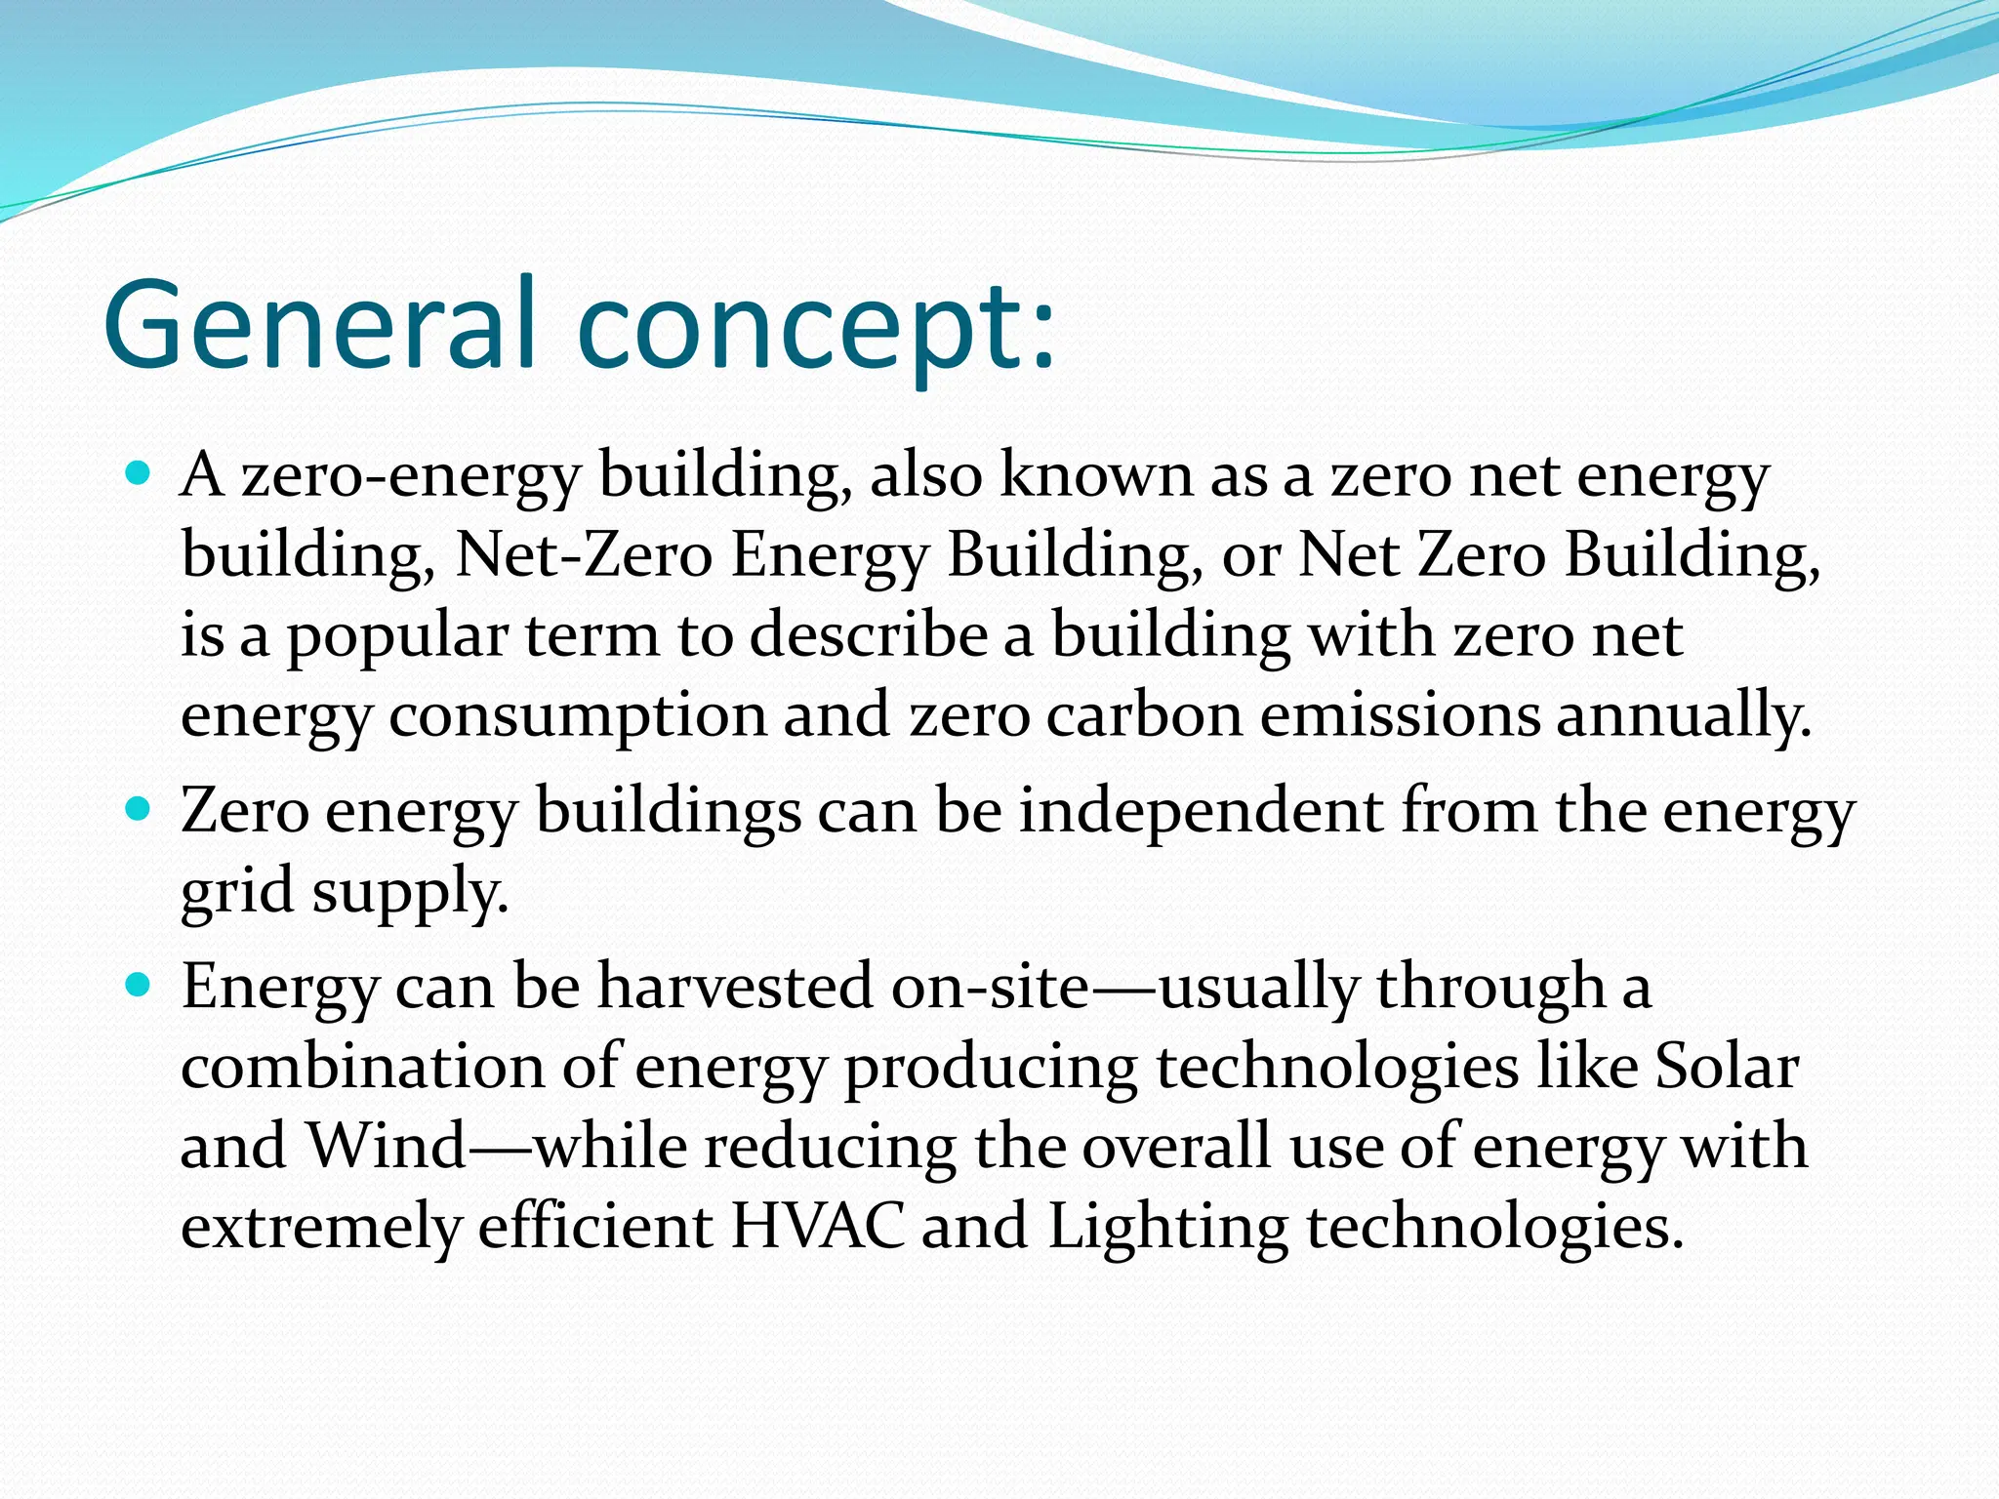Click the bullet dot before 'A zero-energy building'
pos(139,475)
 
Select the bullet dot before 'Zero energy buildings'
pos(139,809)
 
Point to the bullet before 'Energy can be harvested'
pos(139,985)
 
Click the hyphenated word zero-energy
pos(411,477)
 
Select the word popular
pos(396,636)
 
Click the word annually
pos(1683,714)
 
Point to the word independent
pos(1201,812)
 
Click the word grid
pos(236,892)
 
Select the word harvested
pos(734,986)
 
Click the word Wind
pos(387,1146)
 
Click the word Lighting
pos(1167,1228)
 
